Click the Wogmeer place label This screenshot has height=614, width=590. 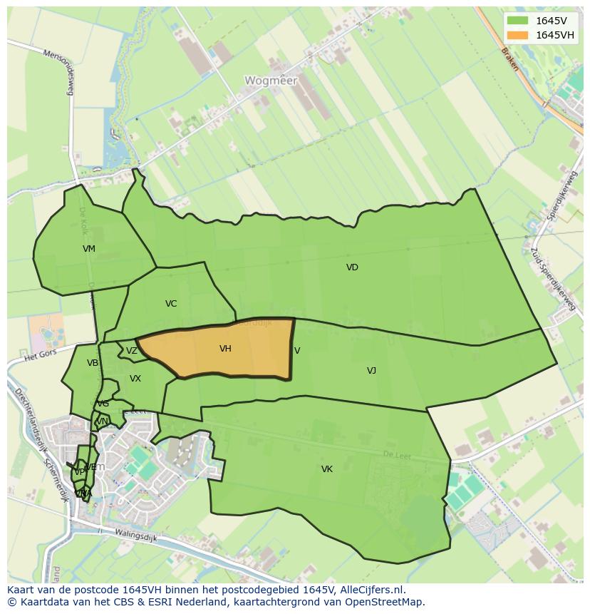(x=271, y=81)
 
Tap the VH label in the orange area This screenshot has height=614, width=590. (x=225, y=349)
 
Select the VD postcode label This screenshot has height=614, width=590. (x=352, y=267)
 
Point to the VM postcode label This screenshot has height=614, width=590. (x=89, y=249)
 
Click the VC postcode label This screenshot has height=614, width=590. (x=171, y=304)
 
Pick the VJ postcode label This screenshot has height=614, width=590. (x=371, y=370)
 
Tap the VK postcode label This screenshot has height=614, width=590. (x=327, y=469)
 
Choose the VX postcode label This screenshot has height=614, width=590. (x=135, y=379)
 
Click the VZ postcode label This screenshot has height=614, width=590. (x=132, y=351)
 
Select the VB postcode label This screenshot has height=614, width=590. (x=93, y=363)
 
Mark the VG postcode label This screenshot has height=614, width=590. (x=103, y=404)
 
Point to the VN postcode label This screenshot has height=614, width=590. (x=102, y=421)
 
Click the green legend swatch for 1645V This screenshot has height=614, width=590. (x=518, y=21)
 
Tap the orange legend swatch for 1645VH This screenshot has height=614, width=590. (x=518, y=35)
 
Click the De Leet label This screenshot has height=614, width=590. (x=397, y=456)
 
